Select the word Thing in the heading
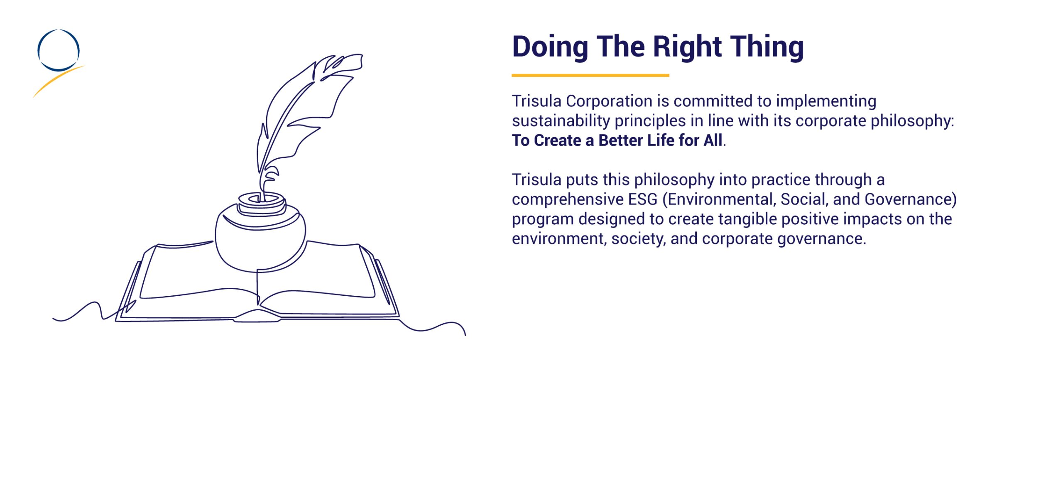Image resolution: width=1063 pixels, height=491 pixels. click(x=767, y=47)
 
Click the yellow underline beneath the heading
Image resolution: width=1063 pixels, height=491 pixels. click(x=590, y=75)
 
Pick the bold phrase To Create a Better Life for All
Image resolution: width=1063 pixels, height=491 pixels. click(x=617, y=140)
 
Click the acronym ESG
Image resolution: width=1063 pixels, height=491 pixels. click(x=643, y=199)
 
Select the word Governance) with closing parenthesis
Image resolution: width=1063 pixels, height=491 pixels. click(x=911, y=199)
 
